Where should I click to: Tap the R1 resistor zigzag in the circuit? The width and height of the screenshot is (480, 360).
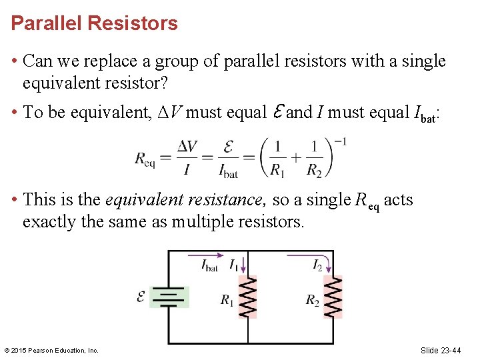tap(247, 297)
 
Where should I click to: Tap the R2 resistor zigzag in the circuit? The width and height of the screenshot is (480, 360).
tap(332, 297)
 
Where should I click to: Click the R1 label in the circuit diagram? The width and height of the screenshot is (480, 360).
tap(227, 300)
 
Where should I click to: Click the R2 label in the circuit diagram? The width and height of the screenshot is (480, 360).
tap(312, 300)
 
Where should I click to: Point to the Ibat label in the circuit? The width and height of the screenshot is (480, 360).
tap(209, 265)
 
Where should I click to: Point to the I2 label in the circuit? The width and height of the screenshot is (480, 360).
tap(318, 265)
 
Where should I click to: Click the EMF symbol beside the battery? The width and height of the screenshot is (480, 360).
tap(141, 295)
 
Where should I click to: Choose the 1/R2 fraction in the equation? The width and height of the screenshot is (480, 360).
tap(314, 159)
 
